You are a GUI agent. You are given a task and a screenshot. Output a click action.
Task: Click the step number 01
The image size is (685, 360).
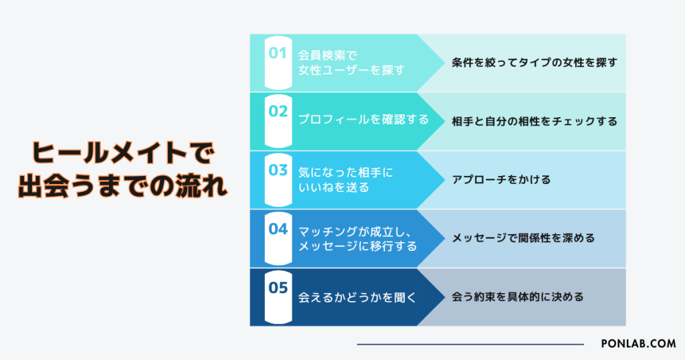pyautogui.click(x=278, y=53)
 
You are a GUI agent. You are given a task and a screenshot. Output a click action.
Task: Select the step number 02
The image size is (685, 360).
pyautogui.click(x=278, y=111)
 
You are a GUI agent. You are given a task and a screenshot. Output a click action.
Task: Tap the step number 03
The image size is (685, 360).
pyautogui.click(x=278, y=170)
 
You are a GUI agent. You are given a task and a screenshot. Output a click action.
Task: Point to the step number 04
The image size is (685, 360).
pyautogui.click(x=278, y=229)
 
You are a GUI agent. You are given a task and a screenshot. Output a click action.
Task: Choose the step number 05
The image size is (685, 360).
pyautogui.click(x=278, y=288)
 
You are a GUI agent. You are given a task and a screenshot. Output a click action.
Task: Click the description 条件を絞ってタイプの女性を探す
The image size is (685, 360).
pyautogui.click(x=534, y=62)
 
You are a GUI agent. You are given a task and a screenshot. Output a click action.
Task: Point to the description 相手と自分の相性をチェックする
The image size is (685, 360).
pyautogui.click(x=534, y=121)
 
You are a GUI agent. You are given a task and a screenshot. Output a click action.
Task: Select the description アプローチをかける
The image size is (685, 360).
pyautogui.click(x=500, y=180)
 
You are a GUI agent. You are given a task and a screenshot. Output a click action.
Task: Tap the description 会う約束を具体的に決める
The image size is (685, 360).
pyautogui.click(x=517, y=296)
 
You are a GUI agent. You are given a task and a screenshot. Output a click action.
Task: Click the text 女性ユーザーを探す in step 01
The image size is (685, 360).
pyautogui.click(x=352, y=70)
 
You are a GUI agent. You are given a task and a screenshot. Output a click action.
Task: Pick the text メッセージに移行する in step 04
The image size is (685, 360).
pyautogui.click(x=357, y=246)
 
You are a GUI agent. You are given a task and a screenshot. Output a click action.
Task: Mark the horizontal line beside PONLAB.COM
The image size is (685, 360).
pyautogui.click(x=470, y=345)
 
